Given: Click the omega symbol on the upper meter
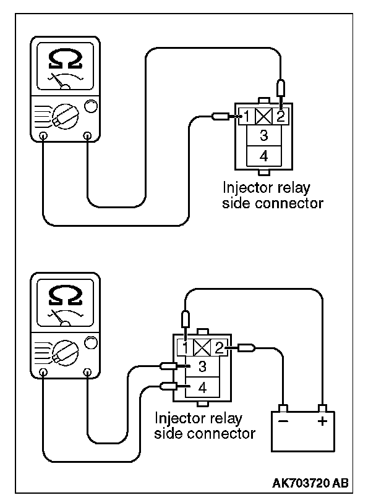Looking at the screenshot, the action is (66, 60).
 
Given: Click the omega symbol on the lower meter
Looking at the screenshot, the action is (66, 296).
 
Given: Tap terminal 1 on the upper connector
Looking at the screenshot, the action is (247, 116).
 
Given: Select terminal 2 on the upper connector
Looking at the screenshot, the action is (281, 116).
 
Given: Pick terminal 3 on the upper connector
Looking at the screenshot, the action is (264, 135).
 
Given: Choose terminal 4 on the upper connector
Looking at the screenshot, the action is (264, 156).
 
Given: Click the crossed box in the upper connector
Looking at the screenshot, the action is (264, 116).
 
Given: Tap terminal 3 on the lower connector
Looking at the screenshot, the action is (202, 366).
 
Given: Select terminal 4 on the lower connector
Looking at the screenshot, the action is (202, 388).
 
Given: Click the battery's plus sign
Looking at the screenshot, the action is (322, 421).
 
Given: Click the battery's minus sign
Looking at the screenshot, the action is (283, 421).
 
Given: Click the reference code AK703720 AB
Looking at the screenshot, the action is (310, 483).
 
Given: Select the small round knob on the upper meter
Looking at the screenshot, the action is (91, 106).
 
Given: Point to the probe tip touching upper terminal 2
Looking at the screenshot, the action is (281, 102).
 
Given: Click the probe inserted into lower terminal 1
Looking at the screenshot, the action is (186, 324).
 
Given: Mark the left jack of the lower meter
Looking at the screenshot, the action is (44, 372).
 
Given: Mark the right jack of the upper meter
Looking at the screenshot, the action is (87, 135).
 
